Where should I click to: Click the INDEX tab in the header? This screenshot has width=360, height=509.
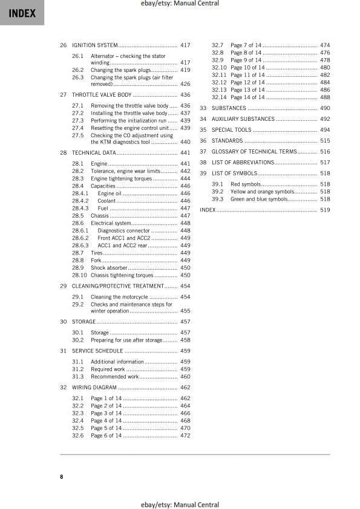click(x=22, y=13)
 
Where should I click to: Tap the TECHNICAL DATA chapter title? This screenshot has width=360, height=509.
click(x=94, y=153)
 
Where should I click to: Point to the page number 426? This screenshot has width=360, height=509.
click(x=185, y=84)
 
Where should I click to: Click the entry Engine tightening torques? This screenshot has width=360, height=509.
click(x=122, y=179)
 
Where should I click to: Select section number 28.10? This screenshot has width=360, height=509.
click(x=79, y=275)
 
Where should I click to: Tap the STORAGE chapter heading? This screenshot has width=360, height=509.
click(x=84, y=322)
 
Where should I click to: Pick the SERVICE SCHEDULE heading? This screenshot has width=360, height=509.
click(x=97, y=351)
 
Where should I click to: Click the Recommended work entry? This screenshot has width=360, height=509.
click(x=114, y=377)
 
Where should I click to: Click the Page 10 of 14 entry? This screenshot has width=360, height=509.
click(x=247, y=67)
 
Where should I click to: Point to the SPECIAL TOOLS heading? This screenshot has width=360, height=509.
click(x=232, y=130)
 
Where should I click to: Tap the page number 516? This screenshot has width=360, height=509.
click(x=325, y=152)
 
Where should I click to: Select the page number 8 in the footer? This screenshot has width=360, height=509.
click(x=61, y=477)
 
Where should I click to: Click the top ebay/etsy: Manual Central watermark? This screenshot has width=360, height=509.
click(x=179, y=4)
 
